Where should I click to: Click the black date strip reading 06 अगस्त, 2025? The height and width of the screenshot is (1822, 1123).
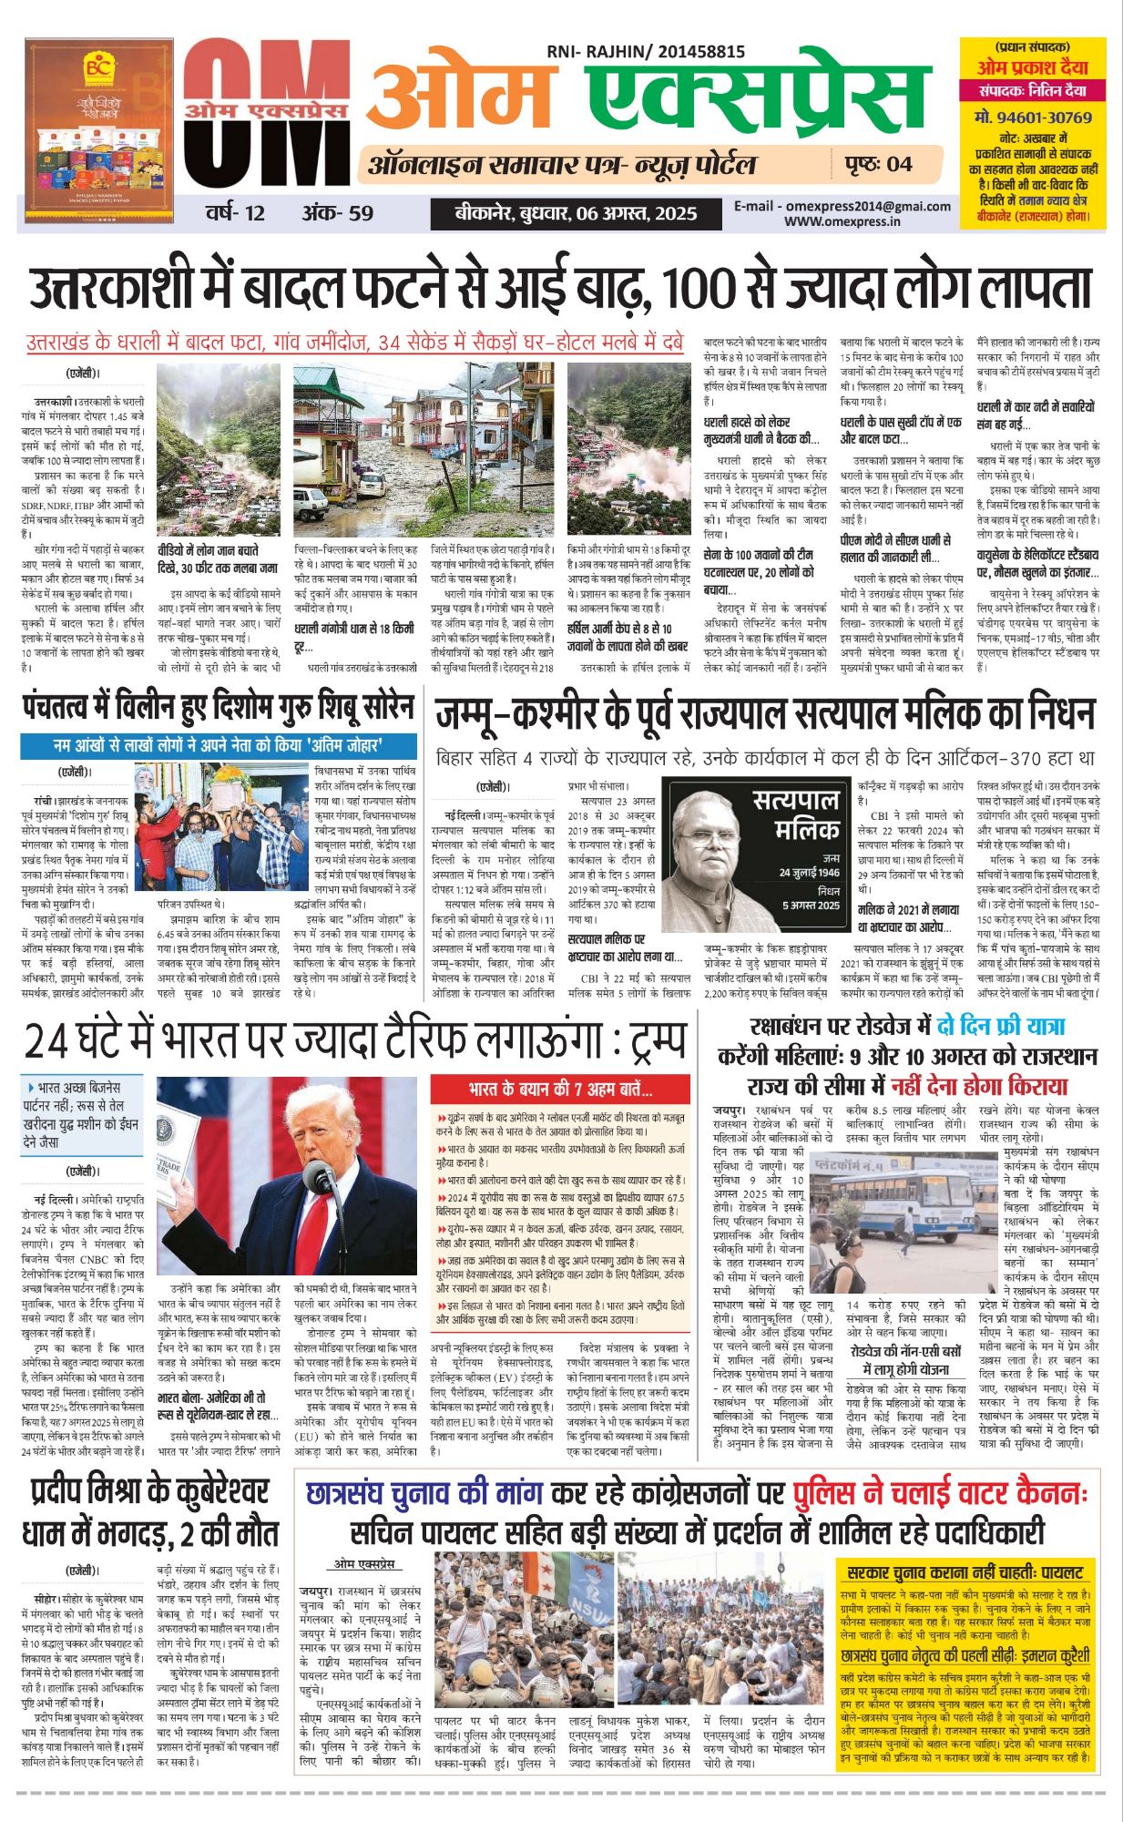pyautogui.click(x=576, y=214)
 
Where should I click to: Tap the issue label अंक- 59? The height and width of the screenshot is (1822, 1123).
pyautogui.click(x=338, y=213)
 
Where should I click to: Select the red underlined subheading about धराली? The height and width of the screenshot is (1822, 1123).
pyautogui.click(x=354, y=343)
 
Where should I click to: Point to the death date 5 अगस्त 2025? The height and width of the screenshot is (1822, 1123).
pyautogui.click(x=811, y=906)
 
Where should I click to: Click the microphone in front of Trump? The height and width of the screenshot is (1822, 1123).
pyautogui.click(x=320, y=1176)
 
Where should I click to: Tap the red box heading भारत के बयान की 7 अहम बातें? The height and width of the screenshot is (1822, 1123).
pyautogui.click(x=560, y=1090)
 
